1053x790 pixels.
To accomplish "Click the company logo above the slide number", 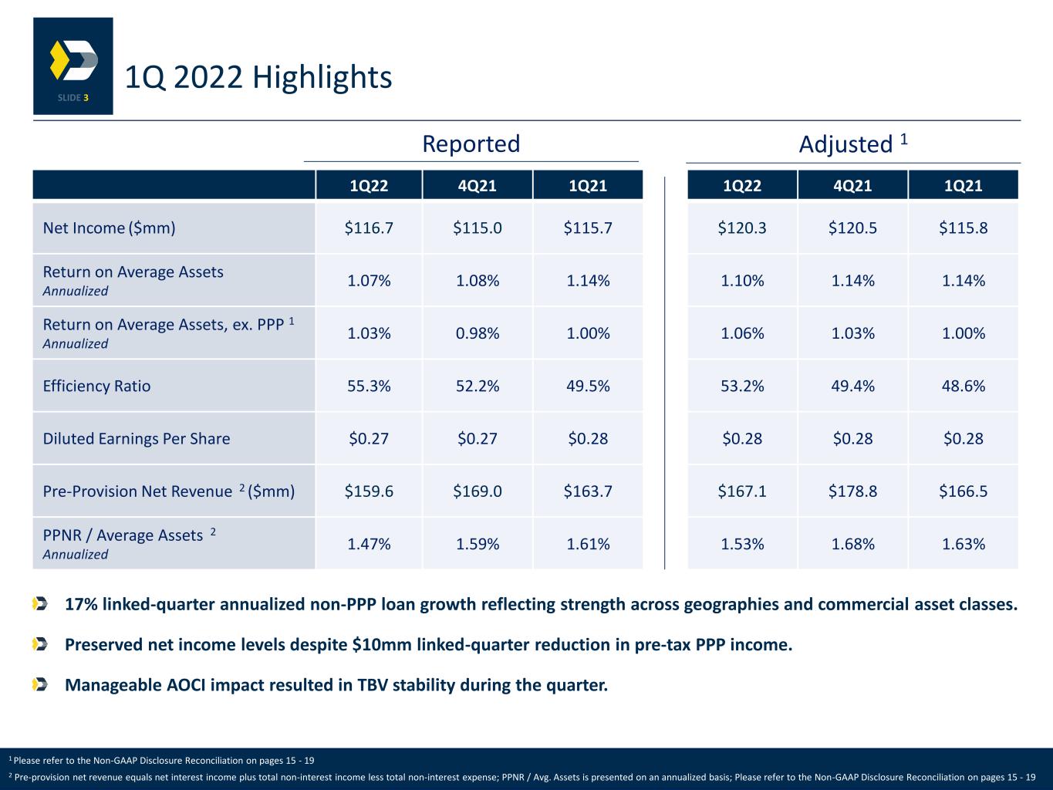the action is (x=74, y=60).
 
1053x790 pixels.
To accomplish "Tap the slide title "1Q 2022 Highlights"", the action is (x=258, y=77).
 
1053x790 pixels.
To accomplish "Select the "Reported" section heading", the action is (x=471, y=143).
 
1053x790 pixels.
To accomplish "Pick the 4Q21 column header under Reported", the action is (x=477, y=186).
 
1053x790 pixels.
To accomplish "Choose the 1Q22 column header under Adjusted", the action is (x=741, y=186).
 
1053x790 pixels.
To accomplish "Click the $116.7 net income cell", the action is (x=369, y=228).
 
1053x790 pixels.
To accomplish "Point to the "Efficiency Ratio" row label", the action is (x=96, y=386).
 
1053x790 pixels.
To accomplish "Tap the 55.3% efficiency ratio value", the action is (x=369, y=386).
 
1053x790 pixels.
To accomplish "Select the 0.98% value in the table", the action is (x=477, y=333).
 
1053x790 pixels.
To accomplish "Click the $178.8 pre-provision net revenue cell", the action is (x=852, y=491).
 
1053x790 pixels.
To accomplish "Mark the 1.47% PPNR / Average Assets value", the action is (x=369, y=544).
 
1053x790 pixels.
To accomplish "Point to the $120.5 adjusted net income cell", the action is (x=852, y=228).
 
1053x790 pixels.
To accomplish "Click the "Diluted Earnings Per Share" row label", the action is (x=137, y=438).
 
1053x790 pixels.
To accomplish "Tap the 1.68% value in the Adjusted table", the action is (x=852, y=544).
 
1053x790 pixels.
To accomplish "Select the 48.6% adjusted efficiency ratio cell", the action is (x=963, y=386).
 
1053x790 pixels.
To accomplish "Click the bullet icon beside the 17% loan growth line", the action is (x=40, y=604).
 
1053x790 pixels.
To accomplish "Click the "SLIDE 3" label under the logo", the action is (x=73, y=98).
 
